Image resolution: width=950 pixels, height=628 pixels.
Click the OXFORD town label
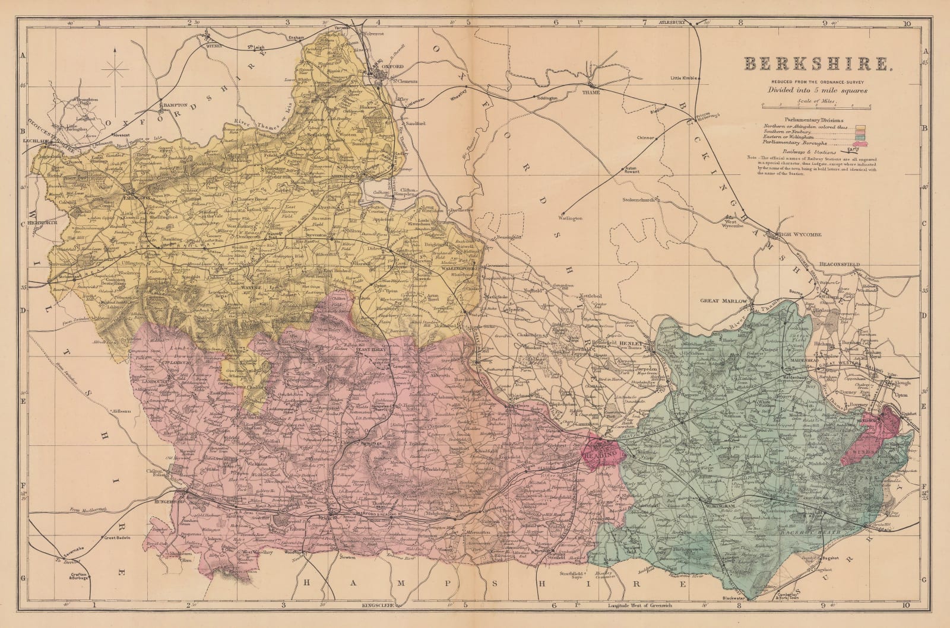393,67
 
